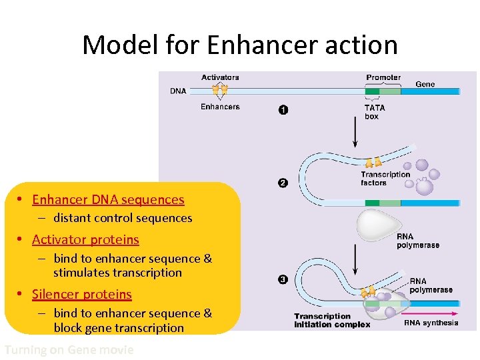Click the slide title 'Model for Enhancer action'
pos(240,45)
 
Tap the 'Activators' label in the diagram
pos(220,77)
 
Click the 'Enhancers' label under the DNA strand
pos(220,107)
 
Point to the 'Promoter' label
pos(383,77)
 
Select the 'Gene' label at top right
pos(425,84)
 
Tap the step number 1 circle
pos(283,110)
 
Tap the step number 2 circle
pos(283,183)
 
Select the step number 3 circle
pos(283,280)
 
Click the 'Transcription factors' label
pos(385,179)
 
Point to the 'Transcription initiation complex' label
pos(331,321)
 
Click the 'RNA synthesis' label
pos(431,323)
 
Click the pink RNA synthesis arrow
pos(433,312)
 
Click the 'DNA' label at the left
pos(178,91)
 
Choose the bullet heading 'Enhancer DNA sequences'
pos(108,199)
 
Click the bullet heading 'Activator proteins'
pos(85,239)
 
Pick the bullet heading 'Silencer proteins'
pos(82,294)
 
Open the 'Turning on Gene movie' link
pos(69,349)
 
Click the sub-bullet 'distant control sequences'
pos(123,218)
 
